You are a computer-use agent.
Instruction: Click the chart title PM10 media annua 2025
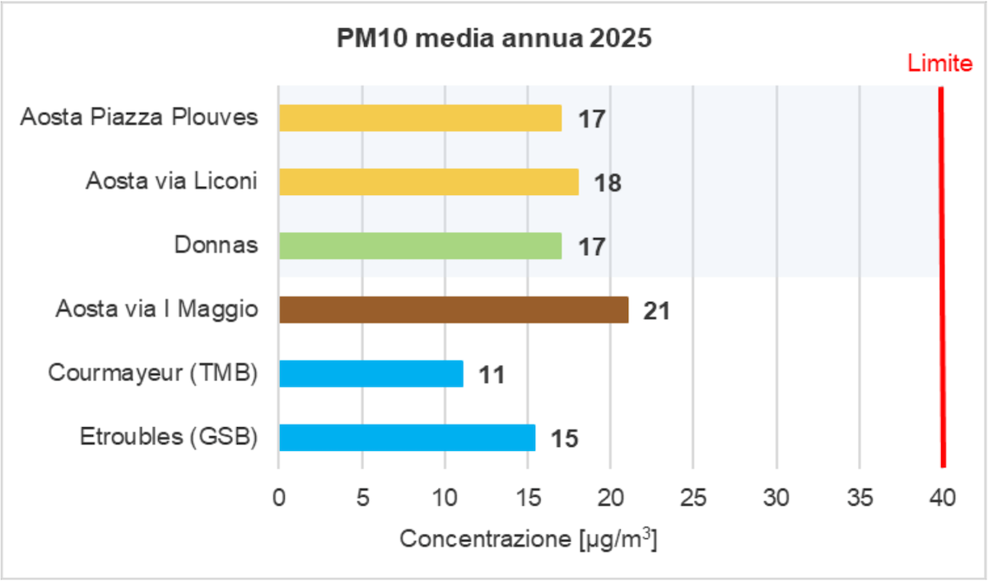click(493, 40)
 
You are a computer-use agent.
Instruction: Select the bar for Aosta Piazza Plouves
click(420, 118)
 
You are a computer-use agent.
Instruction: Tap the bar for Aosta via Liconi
click(428, 182)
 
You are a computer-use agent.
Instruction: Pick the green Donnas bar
click(420, 245)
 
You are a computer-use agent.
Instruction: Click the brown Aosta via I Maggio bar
click(453, 309)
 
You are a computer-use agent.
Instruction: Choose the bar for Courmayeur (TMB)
click(370, 374)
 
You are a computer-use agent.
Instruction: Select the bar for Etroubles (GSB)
click(407, 437)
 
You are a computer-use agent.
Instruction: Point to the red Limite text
click(940, 63)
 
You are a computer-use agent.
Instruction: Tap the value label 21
click(656, 311)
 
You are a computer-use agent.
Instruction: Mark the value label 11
click(491, 375)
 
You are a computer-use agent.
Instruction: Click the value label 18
click(608, 183)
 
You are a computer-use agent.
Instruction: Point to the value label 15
click(564, 439)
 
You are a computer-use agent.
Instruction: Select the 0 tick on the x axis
click(279, 497)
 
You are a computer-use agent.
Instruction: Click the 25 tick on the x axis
click(693, 497)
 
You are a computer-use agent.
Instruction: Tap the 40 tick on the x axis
click(942, 497)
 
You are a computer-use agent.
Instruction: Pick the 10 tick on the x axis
click(445, 497)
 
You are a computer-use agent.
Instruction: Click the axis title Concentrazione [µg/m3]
click(528, 540)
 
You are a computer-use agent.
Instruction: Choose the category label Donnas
click(216, 245)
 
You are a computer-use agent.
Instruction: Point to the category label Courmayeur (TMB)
click(153, 373)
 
